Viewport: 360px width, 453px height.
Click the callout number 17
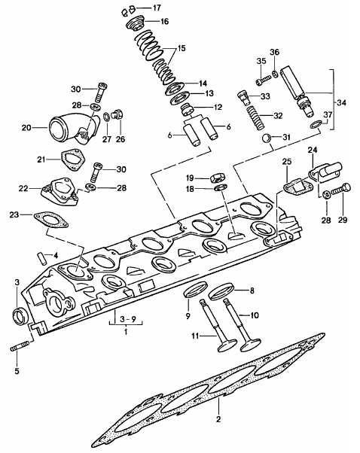coord(157,8)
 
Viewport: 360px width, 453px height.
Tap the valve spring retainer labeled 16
coord(135,23)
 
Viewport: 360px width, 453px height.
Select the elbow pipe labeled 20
coord(75,129)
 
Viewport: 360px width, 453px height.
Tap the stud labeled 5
coord(20,346)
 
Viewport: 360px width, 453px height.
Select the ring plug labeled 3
coord(20,316)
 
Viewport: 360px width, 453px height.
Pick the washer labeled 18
coord(221,188)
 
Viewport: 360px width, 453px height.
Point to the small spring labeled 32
coord(255,118)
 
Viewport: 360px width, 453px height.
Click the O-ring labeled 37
coord(316,124)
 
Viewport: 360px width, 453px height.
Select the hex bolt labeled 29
coord(341,189)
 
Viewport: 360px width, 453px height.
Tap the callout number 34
coord(341,103)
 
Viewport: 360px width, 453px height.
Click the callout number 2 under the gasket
coord(218,418)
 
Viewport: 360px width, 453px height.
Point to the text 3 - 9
coord(127,320)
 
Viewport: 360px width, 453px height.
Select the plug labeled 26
coord(117,114)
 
